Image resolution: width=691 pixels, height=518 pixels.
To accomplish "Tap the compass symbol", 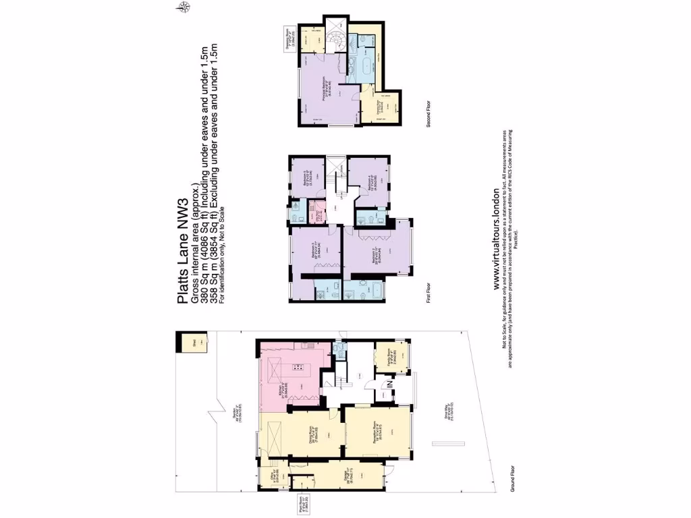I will (184, 7).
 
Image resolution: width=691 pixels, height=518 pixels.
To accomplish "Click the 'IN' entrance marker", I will (389, 386).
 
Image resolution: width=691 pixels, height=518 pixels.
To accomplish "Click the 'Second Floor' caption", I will (429, 112).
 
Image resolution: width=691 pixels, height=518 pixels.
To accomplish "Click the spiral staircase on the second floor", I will (335, 40).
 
